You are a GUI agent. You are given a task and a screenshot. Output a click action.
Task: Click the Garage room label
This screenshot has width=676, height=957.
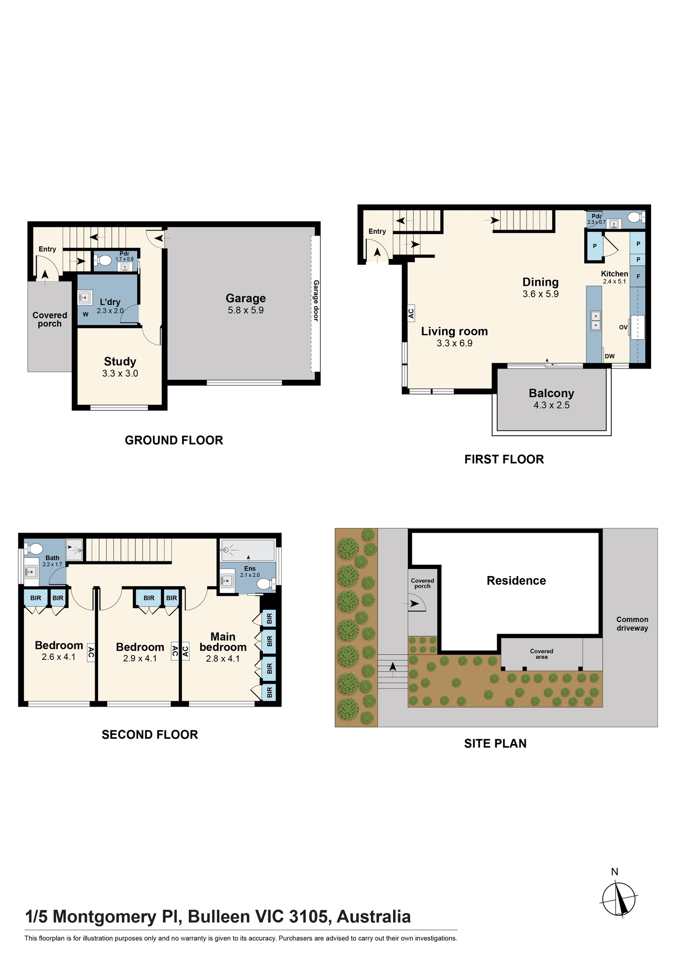coord(246,298)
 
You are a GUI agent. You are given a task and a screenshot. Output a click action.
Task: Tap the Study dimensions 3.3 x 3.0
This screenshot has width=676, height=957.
coord(120,373)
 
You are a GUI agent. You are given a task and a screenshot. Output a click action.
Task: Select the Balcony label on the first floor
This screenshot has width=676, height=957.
coord(551,393)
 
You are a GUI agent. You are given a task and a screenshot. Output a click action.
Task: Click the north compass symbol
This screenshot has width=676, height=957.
coord(619,900)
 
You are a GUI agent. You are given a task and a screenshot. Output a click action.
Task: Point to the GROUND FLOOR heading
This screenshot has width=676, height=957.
coord(174,440)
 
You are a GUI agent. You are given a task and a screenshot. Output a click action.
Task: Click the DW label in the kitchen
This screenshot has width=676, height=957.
coord(610,356)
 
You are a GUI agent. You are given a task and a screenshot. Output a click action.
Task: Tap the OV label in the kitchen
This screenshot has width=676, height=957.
coord(623,327)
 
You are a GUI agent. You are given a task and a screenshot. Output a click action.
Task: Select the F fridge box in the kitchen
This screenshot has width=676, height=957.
coord(638,277)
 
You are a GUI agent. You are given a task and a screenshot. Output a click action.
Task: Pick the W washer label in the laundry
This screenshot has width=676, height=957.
coord(86,314)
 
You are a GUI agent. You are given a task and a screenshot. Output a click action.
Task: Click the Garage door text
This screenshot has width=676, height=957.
coord(316,300)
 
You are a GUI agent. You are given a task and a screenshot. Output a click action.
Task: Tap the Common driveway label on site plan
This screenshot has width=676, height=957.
coord(632,623)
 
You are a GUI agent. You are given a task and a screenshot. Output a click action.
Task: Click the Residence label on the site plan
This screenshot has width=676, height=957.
coord(516,580)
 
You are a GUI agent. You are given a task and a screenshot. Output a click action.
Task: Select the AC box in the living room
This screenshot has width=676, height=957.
coord(411,313)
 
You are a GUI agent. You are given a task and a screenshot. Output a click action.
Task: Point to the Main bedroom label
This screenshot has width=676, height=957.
coord(223,642)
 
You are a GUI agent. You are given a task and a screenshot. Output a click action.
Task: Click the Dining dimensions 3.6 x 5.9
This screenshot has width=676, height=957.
coord(541,294)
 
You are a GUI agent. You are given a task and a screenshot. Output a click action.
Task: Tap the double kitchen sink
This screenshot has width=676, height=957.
coord(596,321)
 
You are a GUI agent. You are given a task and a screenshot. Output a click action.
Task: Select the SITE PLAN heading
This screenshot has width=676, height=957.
coord(495,744)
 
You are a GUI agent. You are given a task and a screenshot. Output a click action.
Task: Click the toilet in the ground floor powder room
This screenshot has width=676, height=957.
coord(103,260)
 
